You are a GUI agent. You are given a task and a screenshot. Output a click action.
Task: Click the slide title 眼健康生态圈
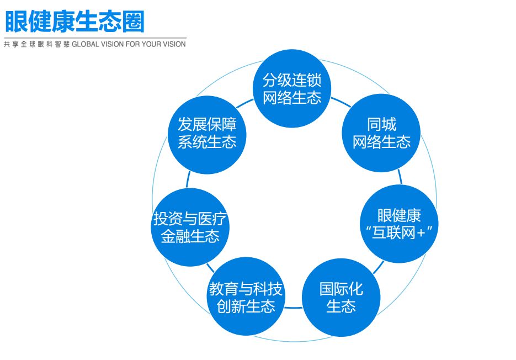pos(74,22)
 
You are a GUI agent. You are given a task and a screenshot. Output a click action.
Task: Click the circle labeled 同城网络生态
pos(381,133)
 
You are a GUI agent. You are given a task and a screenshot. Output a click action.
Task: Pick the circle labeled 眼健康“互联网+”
pos(399,224)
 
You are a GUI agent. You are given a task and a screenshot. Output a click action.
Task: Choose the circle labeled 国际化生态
pos(341,298)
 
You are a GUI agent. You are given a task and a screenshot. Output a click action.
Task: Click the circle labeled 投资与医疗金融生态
pos(190,227)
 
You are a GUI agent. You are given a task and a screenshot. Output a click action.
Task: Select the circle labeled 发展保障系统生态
pos(206,133)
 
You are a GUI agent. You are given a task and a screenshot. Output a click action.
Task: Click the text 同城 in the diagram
pos(381,124)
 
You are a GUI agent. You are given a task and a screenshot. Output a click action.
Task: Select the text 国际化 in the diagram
pos(341,289)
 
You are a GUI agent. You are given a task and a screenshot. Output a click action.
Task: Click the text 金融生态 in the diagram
pos(190,236)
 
